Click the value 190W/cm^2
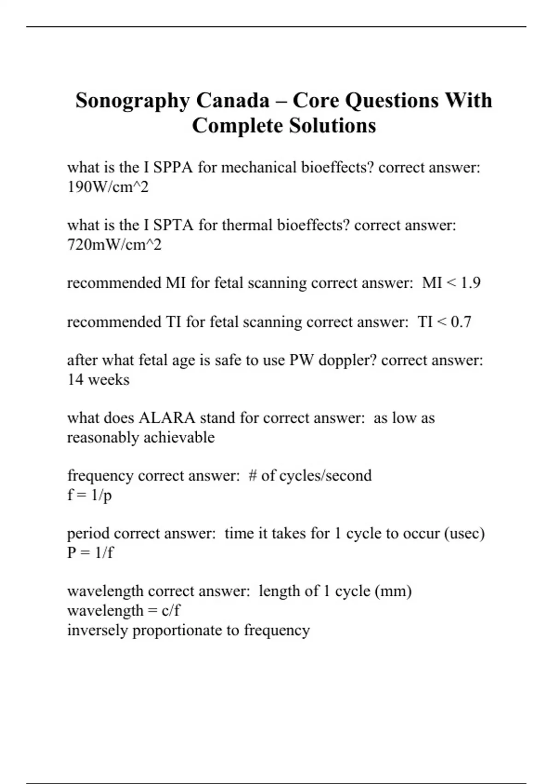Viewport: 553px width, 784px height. point(108,187)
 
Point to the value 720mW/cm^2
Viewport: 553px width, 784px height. point(114,245)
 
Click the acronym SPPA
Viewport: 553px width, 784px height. point(173,167)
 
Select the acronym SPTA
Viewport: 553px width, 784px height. point(173,225)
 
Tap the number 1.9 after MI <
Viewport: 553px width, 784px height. point(471,283)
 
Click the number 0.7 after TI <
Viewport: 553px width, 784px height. point(461,322)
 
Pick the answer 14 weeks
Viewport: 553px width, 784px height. point(98,380)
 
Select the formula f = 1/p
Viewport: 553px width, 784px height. point(89,495)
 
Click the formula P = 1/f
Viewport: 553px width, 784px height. point(90,552)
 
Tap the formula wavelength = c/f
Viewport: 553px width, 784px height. point(124,611)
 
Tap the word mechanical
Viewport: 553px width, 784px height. point(259,167)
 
